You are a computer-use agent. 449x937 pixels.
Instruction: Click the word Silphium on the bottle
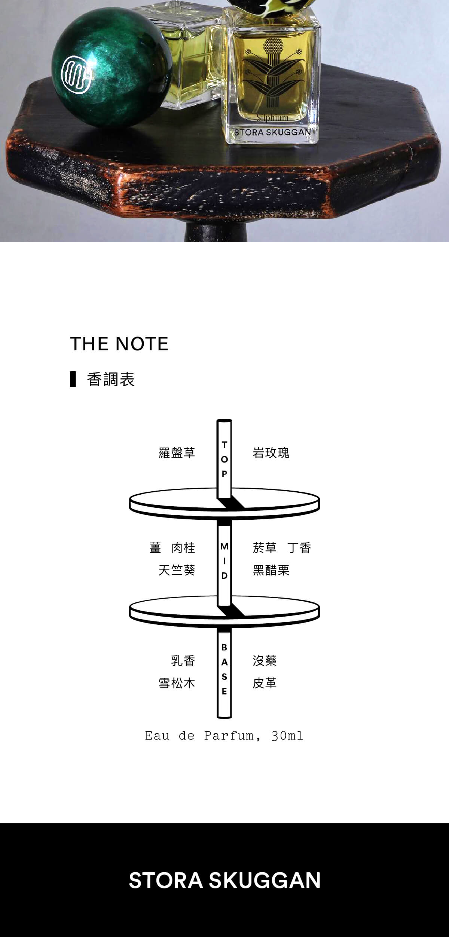coord(273,117)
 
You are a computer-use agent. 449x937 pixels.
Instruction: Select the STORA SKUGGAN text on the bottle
coord(273,132)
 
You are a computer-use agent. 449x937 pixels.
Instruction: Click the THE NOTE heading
coord(119,344)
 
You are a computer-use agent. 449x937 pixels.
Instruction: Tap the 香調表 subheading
coord(111,379)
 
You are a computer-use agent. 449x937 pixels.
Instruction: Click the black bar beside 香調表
coord(73,379)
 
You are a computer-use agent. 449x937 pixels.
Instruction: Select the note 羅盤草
coord(177,453)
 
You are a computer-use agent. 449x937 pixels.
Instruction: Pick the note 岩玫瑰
coord(271,453)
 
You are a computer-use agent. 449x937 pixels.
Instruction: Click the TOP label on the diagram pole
coord(224,459)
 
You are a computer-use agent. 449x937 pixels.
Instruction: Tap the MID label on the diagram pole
coord(224,561)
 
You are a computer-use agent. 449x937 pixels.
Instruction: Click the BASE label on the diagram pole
coord(224,669)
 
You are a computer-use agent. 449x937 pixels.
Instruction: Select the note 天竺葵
coord(177,570)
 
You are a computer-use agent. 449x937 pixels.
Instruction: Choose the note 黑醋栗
coord(271,570)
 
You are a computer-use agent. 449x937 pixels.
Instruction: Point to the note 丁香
coord(299,548)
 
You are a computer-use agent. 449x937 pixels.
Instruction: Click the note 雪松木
coord(177,683)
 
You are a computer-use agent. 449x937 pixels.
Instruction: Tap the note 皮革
coord(265,683)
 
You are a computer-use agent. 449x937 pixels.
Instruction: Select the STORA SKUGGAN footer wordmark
coord(224,880)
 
